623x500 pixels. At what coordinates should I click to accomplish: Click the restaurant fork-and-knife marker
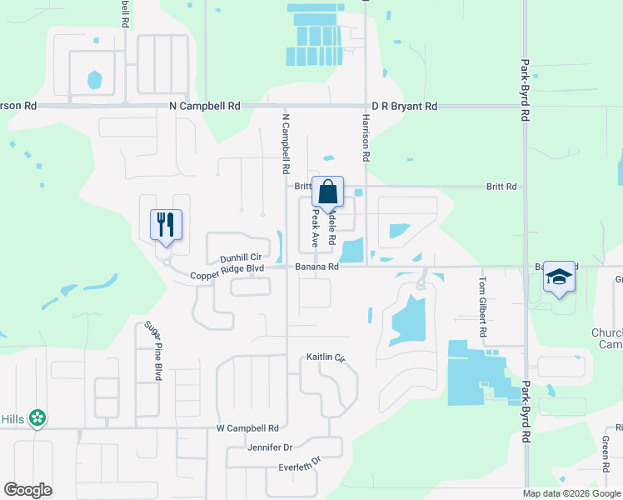(x=166, y=225)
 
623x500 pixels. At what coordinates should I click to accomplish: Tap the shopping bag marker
(x=328, y=192)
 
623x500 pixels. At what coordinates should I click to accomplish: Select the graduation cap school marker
(x=559, y=277)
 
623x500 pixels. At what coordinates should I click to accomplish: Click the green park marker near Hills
(x=37, y=417)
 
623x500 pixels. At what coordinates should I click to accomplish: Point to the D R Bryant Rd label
(x=404, y=107)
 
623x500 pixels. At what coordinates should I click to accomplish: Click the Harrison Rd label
(x=366, y=137)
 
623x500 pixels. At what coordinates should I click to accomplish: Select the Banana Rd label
(x=316, y=267)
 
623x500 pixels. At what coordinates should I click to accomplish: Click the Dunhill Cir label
(x=241, y=258)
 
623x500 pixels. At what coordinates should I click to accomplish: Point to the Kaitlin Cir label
(x=326, y=357)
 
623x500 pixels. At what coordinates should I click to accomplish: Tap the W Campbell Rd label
(x=247, y=428)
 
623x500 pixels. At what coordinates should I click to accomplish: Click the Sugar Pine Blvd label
(x=152, y=351)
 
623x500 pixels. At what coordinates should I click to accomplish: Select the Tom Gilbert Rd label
(x=482, y=307)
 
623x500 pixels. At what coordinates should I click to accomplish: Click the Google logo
(x=28, y=490)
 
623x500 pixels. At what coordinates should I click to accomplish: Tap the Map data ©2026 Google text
(x=571, y=493)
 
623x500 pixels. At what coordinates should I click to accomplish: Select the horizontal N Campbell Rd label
(x=204, y=107)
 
